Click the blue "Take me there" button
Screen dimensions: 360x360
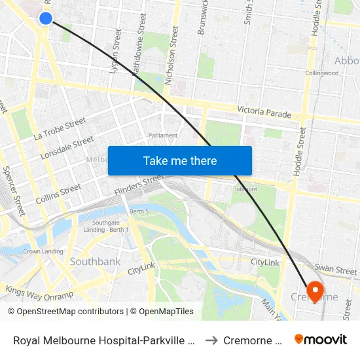[x=180, y=160]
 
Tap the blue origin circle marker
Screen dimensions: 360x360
[x=46, y=18]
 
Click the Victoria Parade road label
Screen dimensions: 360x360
[x=264, y=113]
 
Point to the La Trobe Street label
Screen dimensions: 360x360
[x=60, y=129]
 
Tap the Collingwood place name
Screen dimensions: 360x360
[x=322, y=73]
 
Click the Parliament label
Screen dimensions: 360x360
[x=163, y=135]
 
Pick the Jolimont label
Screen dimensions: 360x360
[x=246, y=189]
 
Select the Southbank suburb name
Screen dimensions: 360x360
[x=96, y=262]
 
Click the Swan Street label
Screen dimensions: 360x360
[x=336, y=270]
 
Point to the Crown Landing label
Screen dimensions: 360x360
[x=43, y=251]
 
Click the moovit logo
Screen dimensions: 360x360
[x=321, y=340]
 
